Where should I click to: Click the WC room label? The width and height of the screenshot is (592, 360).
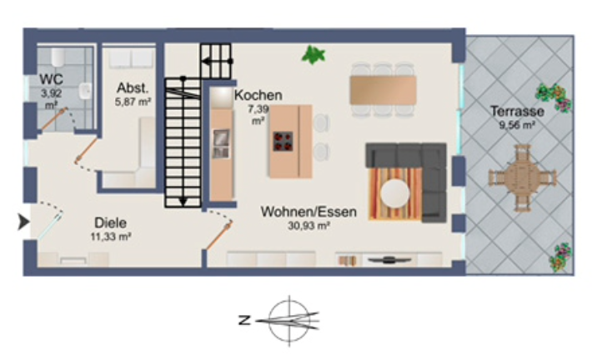coord(51,79)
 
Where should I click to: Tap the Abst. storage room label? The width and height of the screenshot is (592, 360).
coord(133,88)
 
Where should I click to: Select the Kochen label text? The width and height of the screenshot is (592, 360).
coord(258,95)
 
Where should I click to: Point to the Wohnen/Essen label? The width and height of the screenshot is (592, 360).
coord(309,212)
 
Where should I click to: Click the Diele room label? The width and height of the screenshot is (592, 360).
coord(110,222)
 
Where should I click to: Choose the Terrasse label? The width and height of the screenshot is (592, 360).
coord(517,112)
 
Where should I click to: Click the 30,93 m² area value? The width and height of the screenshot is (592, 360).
coord(309,226)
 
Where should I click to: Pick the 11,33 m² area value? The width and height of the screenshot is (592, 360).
coord(111,237)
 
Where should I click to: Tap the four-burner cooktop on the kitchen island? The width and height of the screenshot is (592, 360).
coord(283,142)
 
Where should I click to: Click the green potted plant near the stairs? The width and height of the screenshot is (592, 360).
coord(314,55)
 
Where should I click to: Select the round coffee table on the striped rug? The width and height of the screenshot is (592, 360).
coord(395,193)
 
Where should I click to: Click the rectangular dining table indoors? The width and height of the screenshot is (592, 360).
coord(383,90)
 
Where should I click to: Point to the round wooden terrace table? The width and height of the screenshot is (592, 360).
coord(522,177)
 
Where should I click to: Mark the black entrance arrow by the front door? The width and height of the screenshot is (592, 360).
coord(24,222)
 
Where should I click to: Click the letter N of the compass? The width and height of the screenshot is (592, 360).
coord(244,321)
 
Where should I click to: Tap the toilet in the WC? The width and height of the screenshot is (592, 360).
coord(58,57)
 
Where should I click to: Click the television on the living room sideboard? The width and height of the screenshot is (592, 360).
coord(389,260)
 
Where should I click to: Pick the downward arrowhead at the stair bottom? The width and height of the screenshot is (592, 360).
coord(183,202)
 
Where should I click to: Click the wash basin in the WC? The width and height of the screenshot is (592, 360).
coord(85,91)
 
